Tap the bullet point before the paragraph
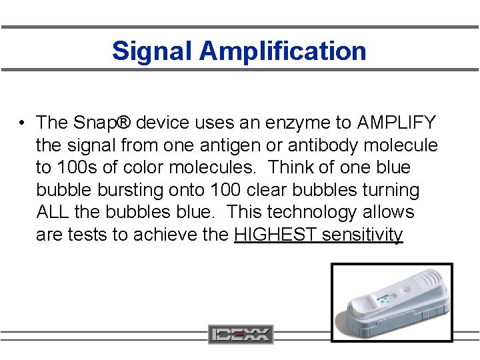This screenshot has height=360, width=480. click(x=23, y=123)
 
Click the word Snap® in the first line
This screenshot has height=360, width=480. click(x=97, y=123)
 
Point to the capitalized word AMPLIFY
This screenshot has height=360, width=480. click(x=397, y=123)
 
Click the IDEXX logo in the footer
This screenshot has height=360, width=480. click(x=241, y=334)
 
